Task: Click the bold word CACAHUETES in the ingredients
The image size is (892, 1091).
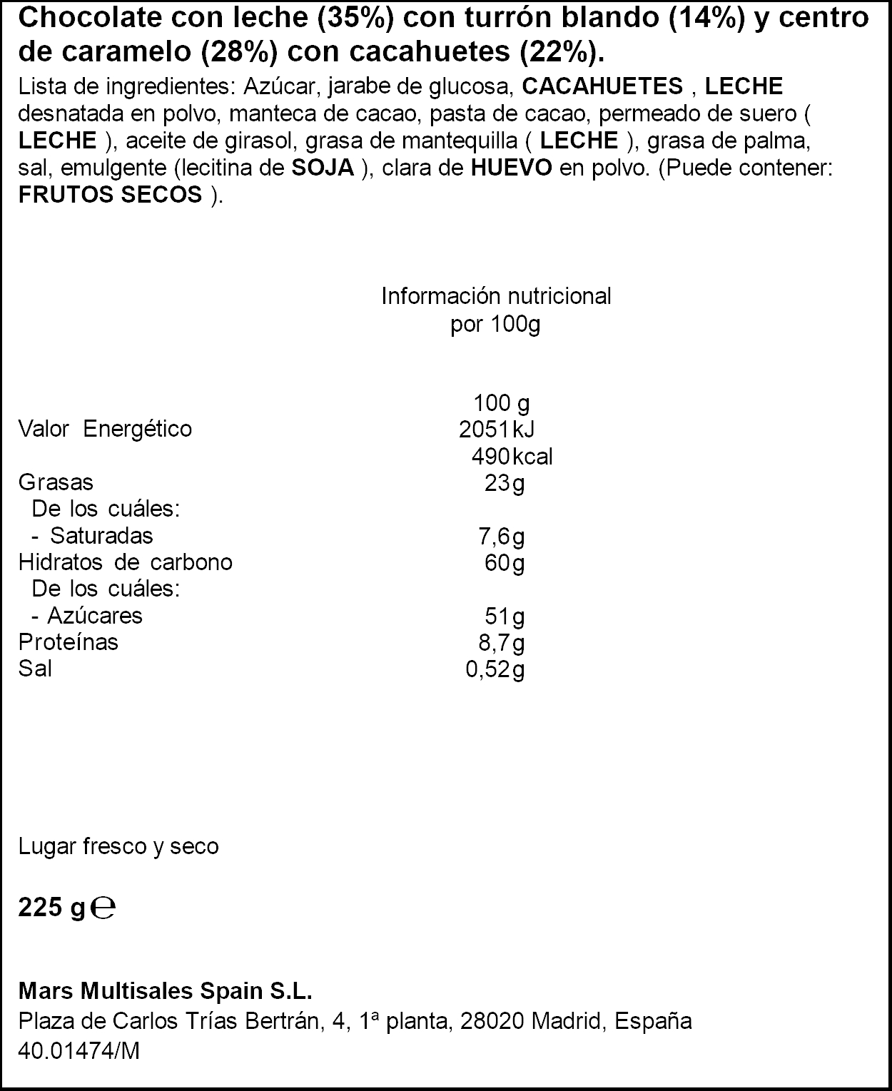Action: pyautogui.click(x=602, y=86)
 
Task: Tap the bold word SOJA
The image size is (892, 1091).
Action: pyautogui.click(x=323, y=168)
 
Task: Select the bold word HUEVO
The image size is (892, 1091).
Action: pyautogui.click(x=510, y=168)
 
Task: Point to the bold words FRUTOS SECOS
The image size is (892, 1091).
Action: pyautogui.click(x=111, y=195)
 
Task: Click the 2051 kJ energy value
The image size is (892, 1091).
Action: pyautogui.click(x=497, y=429)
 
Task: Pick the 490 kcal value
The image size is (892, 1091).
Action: pyautogui.click(x=512, y=456)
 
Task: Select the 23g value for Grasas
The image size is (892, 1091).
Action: pyautogui.click(x=505, y=483)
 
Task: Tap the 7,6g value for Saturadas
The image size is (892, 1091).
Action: pyautogui.click(x=501, y=537)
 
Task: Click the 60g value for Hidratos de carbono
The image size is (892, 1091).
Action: pyautogui.click(x=505, y=563)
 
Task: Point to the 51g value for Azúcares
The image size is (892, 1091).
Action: pyautogui.click(x=505, y=616)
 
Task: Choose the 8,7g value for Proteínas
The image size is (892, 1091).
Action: pyautogui.click(x=501, y=643)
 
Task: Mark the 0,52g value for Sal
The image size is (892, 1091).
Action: pyautogui.click(x=495, y=670)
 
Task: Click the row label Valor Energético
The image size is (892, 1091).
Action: pyautogui.click(x=105, y=429)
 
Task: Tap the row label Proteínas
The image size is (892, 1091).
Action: pyautogui.click(x=69, y=642)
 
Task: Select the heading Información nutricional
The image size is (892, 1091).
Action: pyautogui.click(x=496, y=296)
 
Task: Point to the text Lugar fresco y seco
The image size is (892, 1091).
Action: pyautogui.click(x=118, y=847)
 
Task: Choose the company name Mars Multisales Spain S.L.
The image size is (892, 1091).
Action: pyautogui.click(x=165, y=992)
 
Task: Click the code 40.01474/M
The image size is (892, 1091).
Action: pyautogui.click(x=78, y=1050)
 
